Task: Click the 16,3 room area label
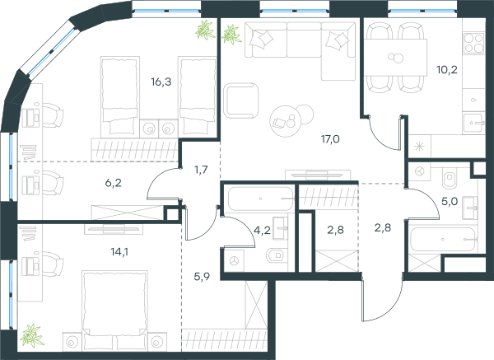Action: click(161, 82)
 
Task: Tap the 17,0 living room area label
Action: click(330, 139)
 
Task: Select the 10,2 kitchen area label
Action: click(447, 70)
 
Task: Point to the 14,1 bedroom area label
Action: click(119, 252)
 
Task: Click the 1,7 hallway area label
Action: click(201, 170)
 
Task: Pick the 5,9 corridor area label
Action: click(202, 277)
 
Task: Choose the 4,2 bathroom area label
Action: click(262, 231)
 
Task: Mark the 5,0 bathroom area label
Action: click(450, 201)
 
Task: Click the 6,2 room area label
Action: click(113, 183)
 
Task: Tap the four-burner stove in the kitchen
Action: click(473, 43)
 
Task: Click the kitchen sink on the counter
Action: click(473, 123)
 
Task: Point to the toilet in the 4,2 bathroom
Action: click(277, 255)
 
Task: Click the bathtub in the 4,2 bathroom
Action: click(260, 199)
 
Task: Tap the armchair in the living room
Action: click(241, 101)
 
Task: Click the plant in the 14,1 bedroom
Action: click(31, 336)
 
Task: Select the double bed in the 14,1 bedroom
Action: click(114, 311)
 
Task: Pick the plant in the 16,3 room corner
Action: click(205, 30)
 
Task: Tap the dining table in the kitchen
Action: click(396, 58)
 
